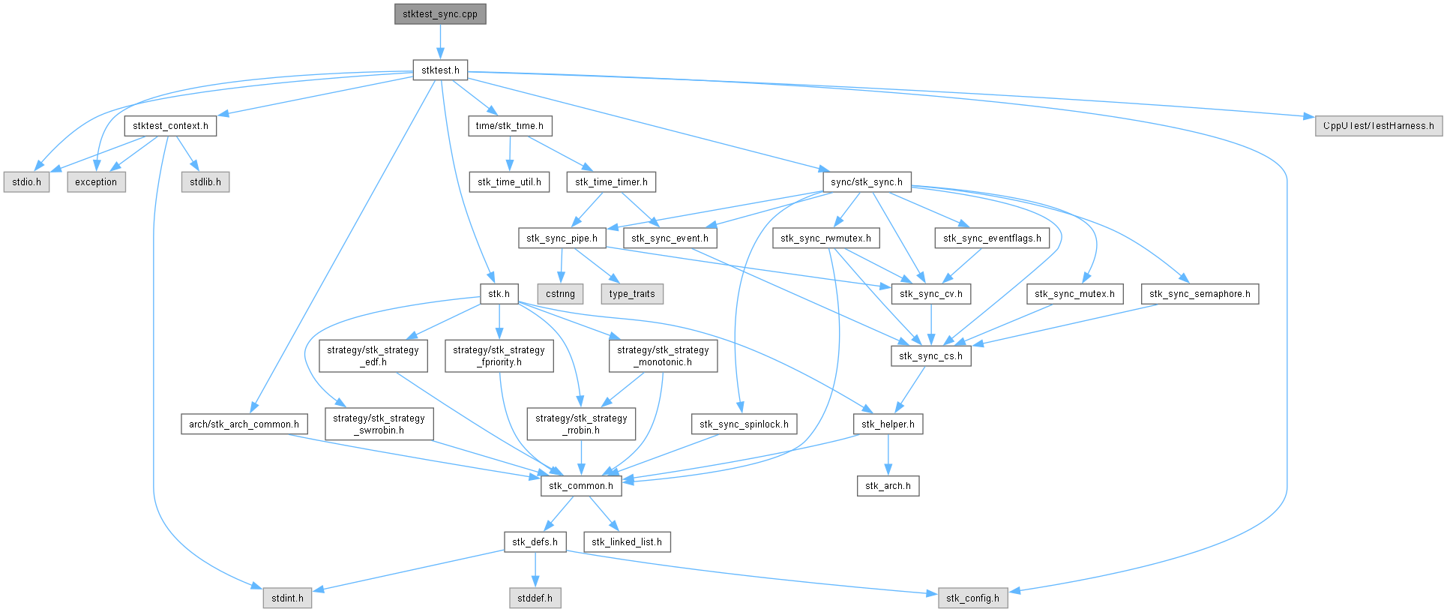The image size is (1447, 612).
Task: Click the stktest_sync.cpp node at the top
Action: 440,14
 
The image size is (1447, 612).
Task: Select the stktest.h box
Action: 440,70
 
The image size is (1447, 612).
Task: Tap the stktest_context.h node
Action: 170,126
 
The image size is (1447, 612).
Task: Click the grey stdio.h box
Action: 27,182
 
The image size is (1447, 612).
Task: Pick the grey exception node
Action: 96,182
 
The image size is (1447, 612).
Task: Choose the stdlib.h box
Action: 205,182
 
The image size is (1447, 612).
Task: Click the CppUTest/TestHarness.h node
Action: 1378,126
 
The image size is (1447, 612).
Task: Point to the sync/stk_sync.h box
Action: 867,182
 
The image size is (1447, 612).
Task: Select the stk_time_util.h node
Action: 509,182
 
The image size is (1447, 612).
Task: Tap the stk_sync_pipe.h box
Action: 562,238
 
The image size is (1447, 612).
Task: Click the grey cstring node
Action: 560,294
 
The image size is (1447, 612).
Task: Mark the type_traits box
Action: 632,294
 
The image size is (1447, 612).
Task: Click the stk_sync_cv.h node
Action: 931,294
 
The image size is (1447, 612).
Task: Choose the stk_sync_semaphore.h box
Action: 1200,294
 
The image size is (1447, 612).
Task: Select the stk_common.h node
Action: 581,486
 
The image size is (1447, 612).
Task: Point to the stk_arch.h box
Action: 888,486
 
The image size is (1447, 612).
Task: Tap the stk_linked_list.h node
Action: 627,542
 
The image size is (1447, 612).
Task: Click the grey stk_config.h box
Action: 972,598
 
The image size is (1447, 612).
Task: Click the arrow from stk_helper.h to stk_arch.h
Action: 888,454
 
